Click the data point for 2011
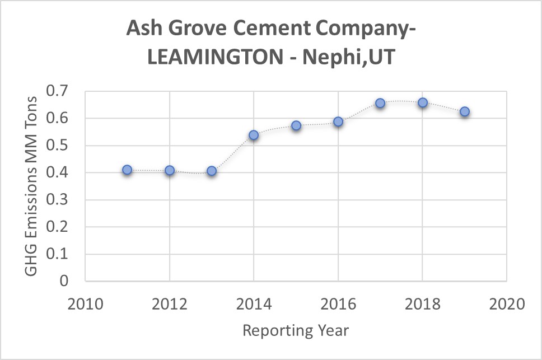click(x=127, y=170)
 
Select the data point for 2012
click(x=170, y=170)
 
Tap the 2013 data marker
click(x=212, y=171)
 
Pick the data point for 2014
click(x=254, y=135)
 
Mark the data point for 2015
click(x=296, y=125)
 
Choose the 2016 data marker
click(x=338, y=121)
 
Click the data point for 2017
click(x=380, y=103)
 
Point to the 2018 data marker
click(x=423, y=102)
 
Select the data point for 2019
click(x=465, y=111)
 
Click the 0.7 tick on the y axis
click(x=63, y=91)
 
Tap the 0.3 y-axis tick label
click(x=63, y=200)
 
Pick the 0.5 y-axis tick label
click(x=63, y=146)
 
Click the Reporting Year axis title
click(x=296, y=330)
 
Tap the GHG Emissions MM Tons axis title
click(x=32, y=186)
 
